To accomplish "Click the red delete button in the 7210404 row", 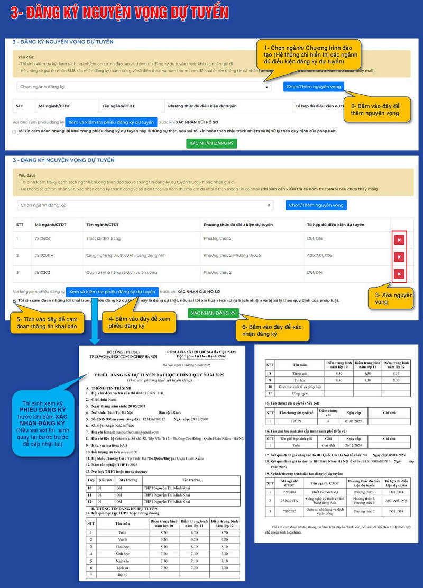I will (x=399, y=240).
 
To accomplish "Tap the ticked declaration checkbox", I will (x=14, y=301).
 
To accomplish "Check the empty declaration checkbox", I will (x=14, y=132).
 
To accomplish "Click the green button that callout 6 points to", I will (x=213, y=313).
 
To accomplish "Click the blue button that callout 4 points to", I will (x=112, y=292).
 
